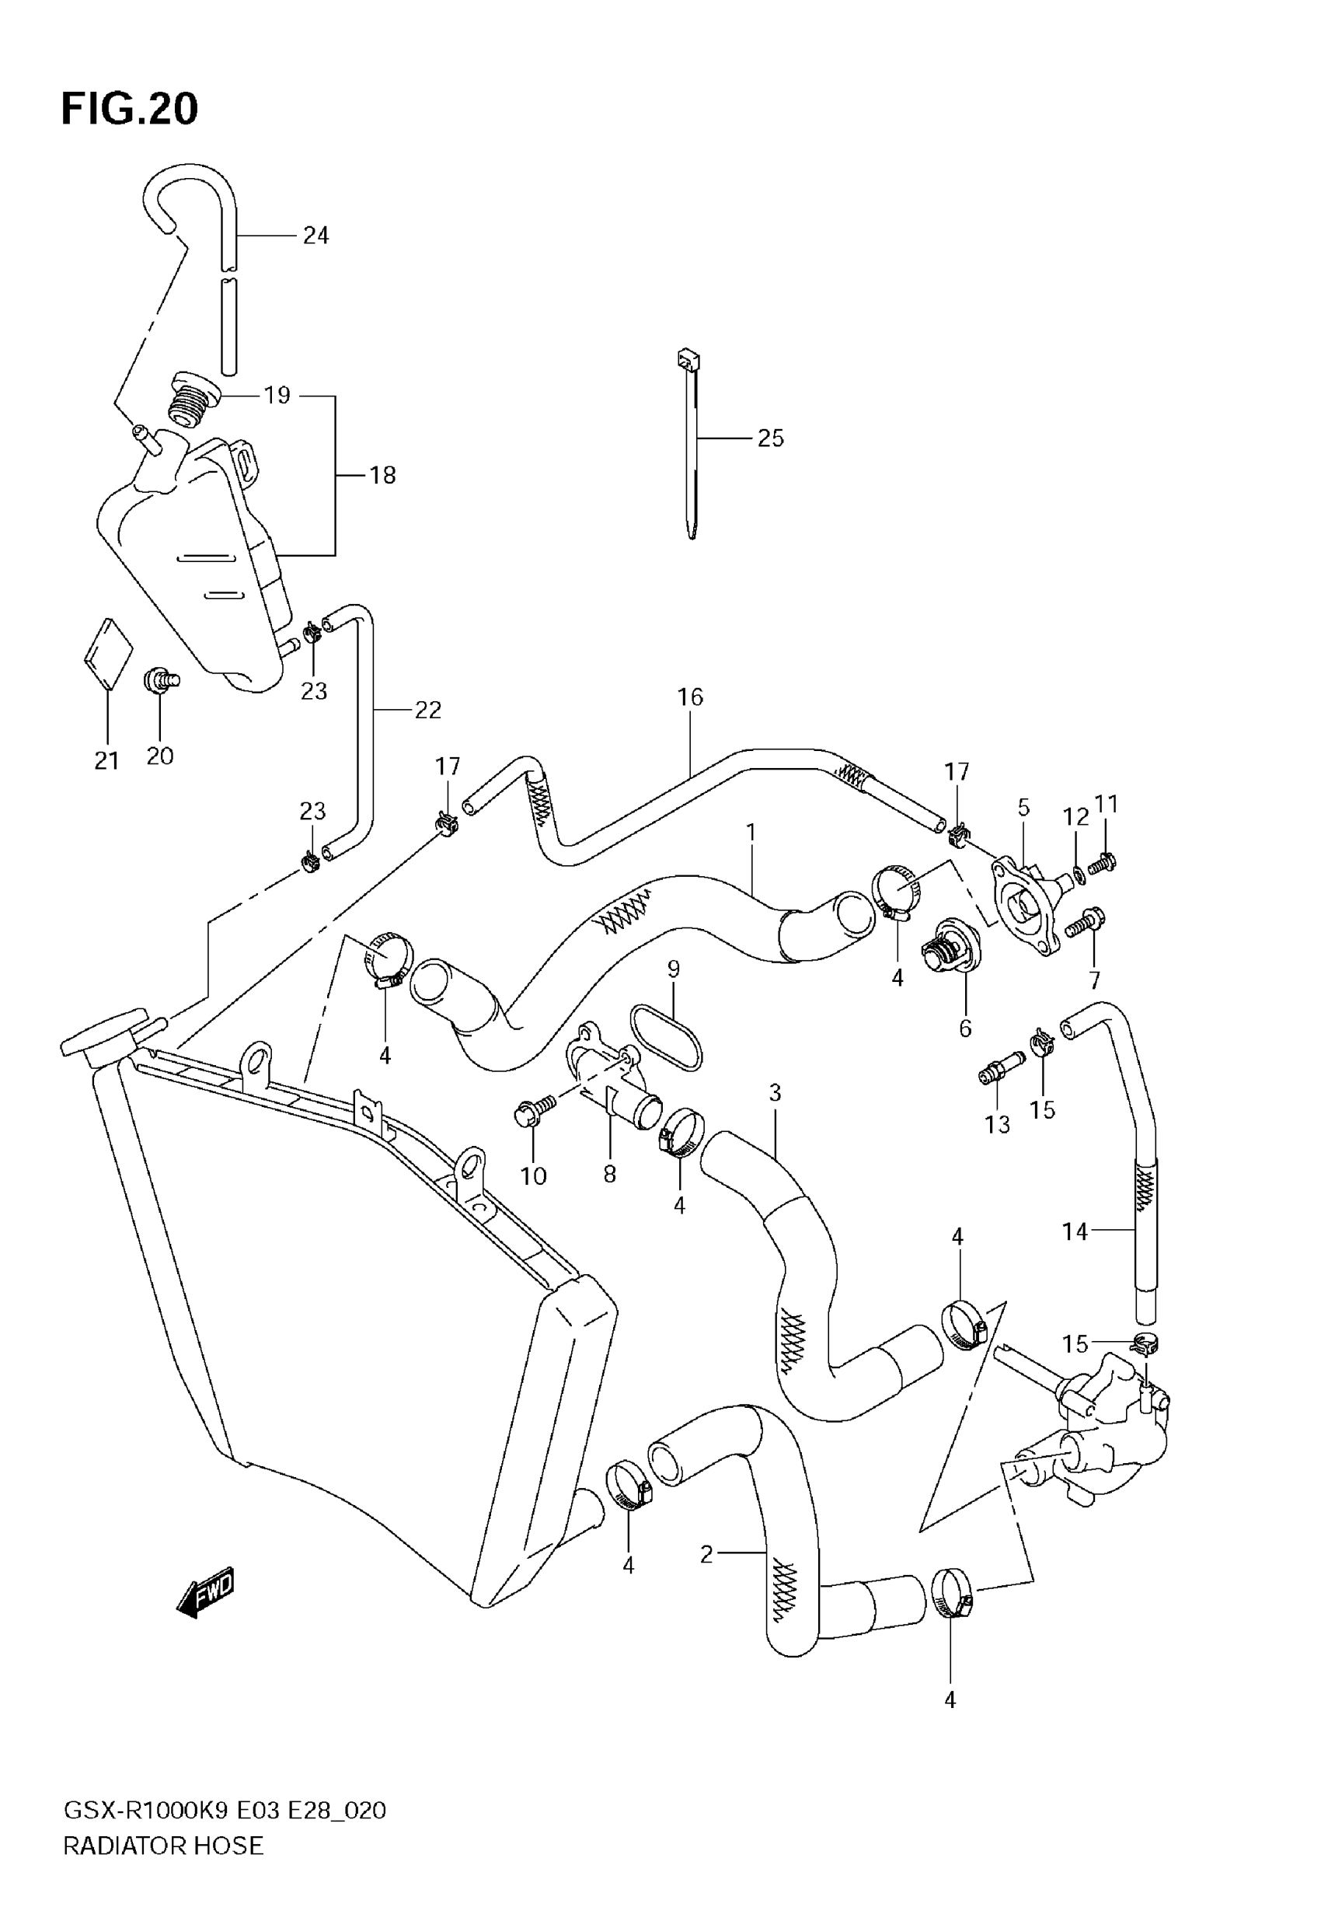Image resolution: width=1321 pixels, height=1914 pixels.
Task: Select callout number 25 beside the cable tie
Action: click(x=770, y=438)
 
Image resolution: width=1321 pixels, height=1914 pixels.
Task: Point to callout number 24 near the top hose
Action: click(x=315, y=236)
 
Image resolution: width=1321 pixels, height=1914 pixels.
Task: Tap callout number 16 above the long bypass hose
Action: click(x=689, y=697)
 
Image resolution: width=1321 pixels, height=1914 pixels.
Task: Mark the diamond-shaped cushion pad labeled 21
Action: click(x=109, y=652)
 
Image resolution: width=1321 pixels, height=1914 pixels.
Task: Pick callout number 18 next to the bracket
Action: click(x=382, y=475)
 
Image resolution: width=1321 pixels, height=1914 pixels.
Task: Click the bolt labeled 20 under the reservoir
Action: click(x=161, y=680)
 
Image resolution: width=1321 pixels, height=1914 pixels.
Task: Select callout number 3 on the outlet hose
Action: click(x=775, y=1093)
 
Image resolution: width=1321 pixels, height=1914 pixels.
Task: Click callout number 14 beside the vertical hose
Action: click(x=1075, y=1232)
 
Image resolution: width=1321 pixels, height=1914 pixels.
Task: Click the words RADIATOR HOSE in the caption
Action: click(x=163, y=1846)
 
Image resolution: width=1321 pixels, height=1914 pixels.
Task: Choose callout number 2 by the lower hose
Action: click(x=706, y=1555)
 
